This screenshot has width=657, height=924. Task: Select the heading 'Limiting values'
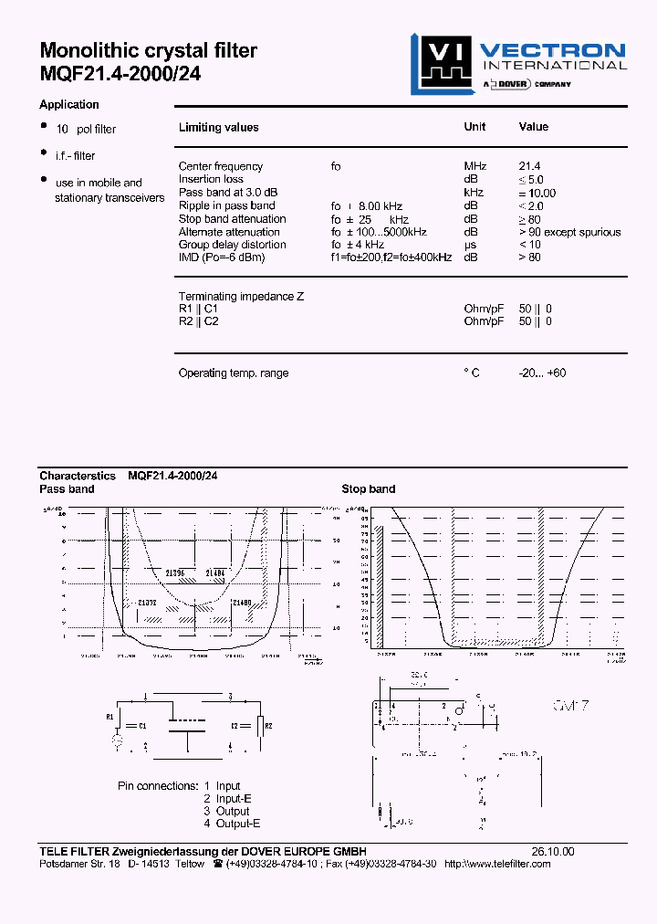(x=218, y=128)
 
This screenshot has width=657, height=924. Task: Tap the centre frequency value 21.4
(x=529, y=166)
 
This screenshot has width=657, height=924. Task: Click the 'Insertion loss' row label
(x=211, y=179)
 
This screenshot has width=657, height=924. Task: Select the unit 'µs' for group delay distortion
(x=470, y=245)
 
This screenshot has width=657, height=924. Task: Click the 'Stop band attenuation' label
(x=232, y=219)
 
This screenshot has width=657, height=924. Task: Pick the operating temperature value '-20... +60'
(x=542, y=373)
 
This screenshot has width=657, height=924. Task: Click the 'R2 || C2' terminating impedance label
(x=198, y=321)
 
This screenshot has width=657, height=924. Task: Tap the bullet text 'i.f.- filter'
(x=75, y=156)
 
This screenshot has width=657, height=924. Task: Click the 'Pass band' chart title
(x=67, y=488)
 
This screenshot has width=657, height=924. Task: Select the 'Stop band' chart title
(x=368, y=488)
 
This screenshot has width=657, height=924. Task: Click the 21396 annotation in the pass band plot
(x=175, y=572)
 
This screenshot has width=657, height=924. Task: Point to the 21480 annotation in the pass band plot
(x=241, y=603)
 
